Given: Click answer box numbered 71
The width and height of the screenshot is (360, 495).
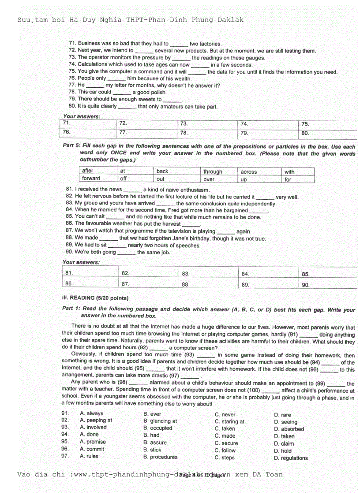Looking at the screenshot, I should pyautogui.click(x=88, y=124).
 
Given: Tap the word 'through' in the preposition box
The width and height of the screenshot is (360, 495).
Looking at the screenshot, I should pyautogui.click(x=213, y=171).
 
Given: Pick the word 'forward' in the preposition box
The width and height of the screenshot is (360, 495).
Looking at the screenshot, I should pyautogui.click(x=91, y=179).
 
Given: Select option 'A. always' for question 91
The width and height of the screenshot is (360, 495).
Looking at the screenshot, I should pyautogui.click(x=91, y=413).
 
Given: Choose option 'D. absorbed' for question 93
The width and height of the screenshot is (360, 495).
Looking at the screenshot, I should pyautogui.click(x=289, y=429).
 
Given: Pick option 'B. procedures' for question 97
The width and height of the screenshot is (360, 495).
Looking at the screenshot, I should pyautogui.click(x=160, y=457).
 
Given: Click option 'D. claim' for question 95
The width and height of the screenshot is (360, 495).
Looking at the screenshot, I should pyautogui.click(x=284, y=443).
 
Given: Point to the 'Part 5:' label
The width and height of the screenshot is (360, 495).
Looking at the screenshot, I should pyautogui.click(x=71, y=146).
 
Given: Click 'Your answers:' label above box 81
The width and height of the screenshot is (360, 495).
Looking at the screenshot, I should pyautogui.click(x=81, y=262).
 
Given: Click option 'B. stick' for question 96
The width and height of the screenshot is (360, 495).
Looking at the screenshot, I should pyautogui.click(x=152, y=450).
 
